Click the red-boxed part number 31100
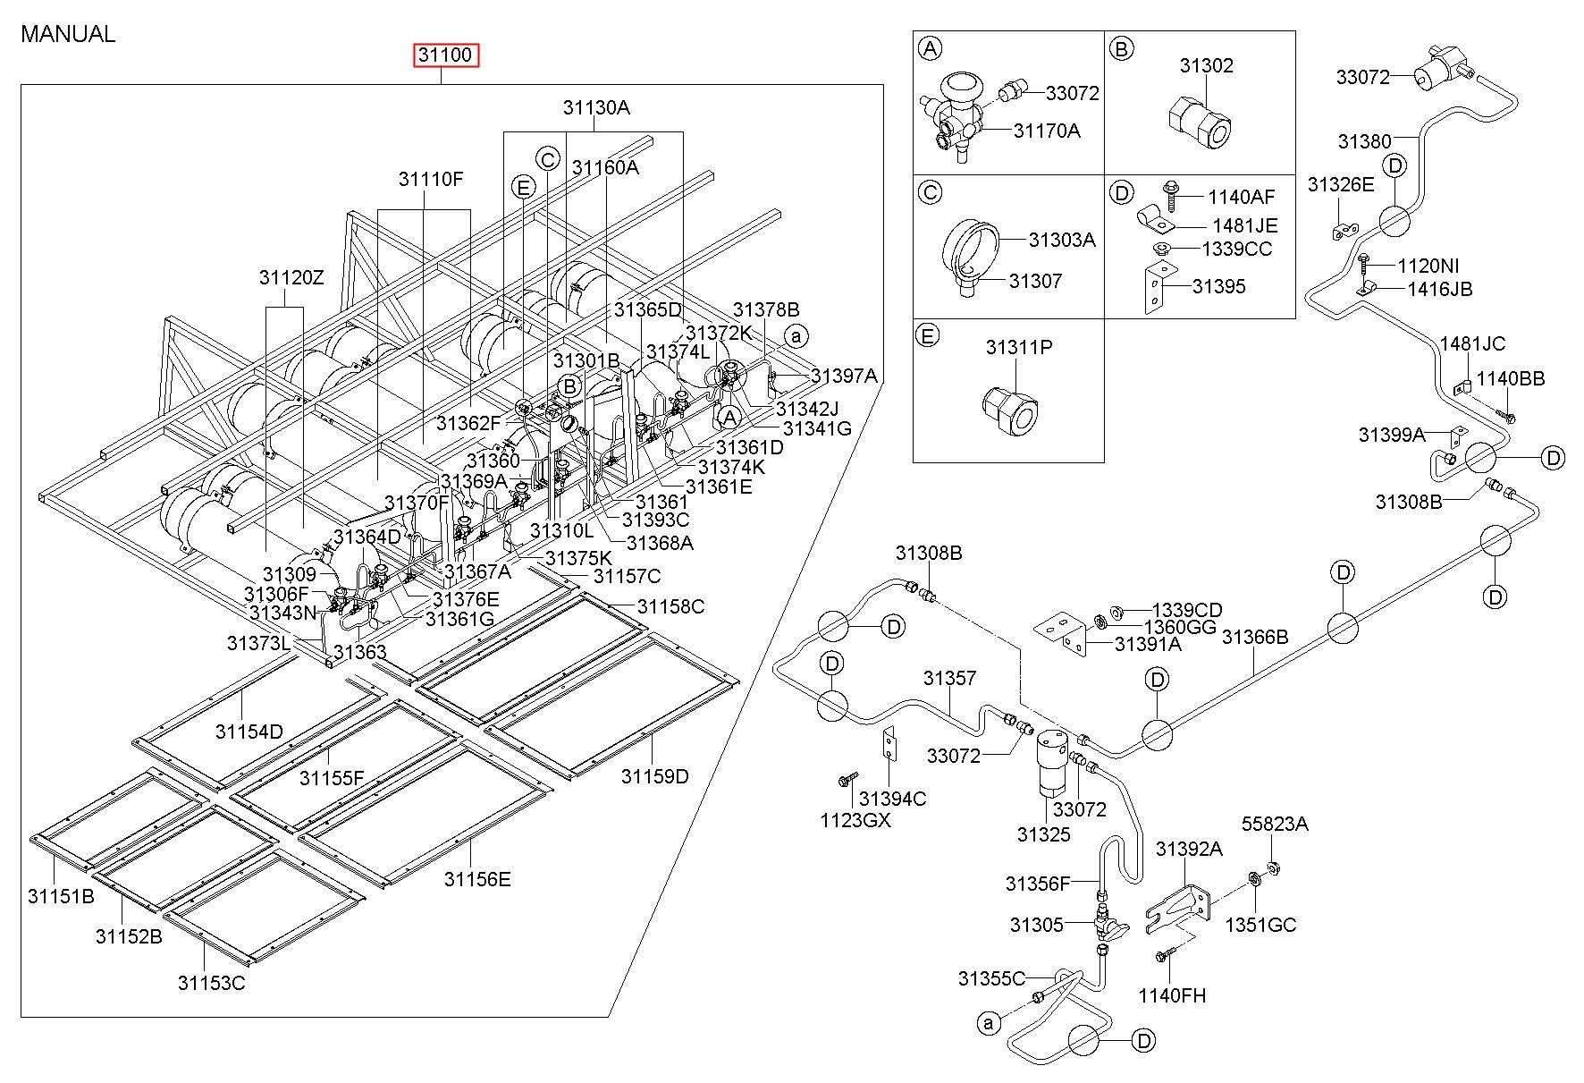pyautogui.click(x=446, y=55)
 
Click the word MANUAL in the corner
pyautogui.click(x=68, y=34)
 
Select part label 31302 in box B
pyautogui.click(x=1206, y=65)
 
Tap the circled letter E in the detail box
pyautogui.click(x=930, y=335)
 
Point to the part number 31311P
pyautogui.click(x=1019, y=347)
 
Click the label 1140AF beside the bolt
pyautogui.click(x=1241, y=197)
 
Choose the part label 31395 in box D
pyautogui.click(x=1218, y=286)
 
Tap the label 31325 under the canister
pyautogui.click(x=1043, y=834)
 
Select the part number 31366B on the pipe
pyautogui.click(x=1255, y=637)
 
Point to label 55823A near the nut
pyautogui.click(x=1275, y=824)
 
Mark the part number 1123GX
pyautogui.click(x=855, y=819)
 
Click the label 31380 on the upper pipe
pyautogui.click(x=1364, y=141)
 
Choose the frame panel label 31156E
pyautogui.click(x=477, y=879)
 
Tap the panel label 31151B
pyautogui.click(x=60, y=895)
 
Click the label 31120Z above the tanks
pyautogui.click(x=291, y=277)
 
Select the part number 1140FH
pyautogui.click(x=1171, y=994)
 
